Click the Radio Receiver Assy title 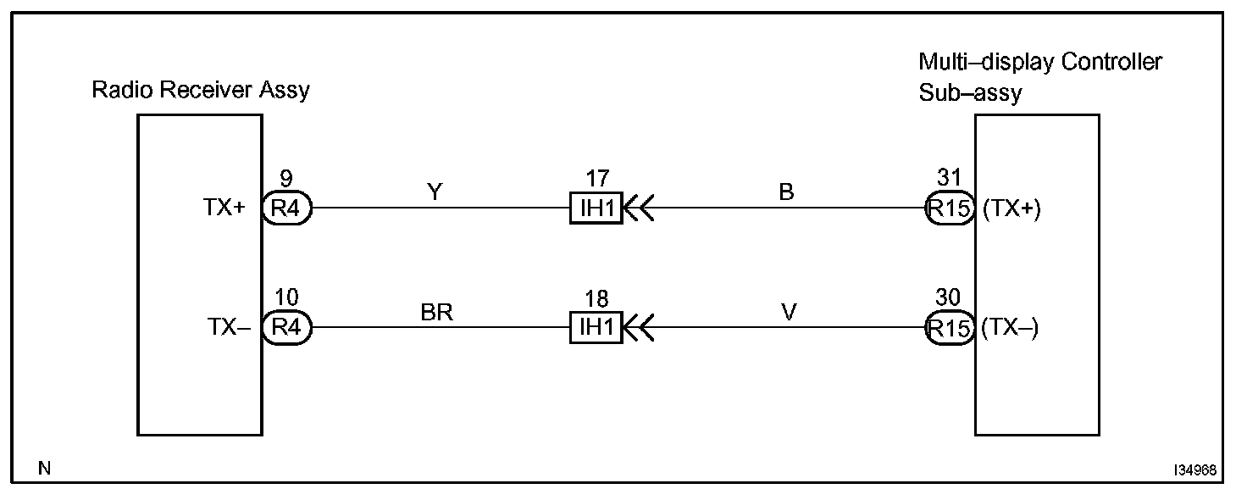[x=201, y=90]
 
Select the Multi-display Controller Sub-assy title [x=1040, y=77]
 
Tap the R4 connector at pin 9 [x=287, y=208]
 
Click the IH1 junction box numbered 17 [x=596, y=208]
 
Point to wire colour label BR [x=437, y=313]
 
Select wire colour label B [x=786, y=192]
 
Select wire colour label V [x=789, y=313]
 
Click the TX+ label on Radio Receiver [x=224, y=208]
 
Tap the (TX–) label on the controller [x=1010, y=328]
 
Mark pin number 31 [x=948, y=179]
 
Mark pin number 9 [x=287, y=179]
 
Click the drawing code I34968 [x=1195, y=469]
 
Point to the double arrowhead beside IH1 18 [x=639, y=327]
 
